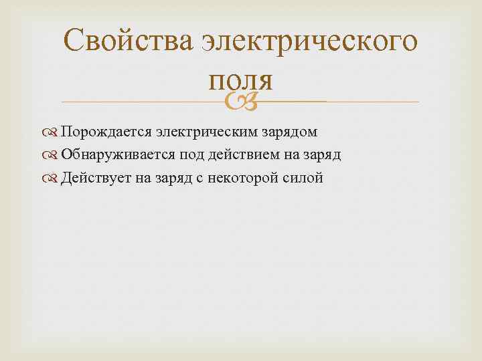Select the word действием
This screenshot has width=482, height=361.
tap(237, 155)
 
